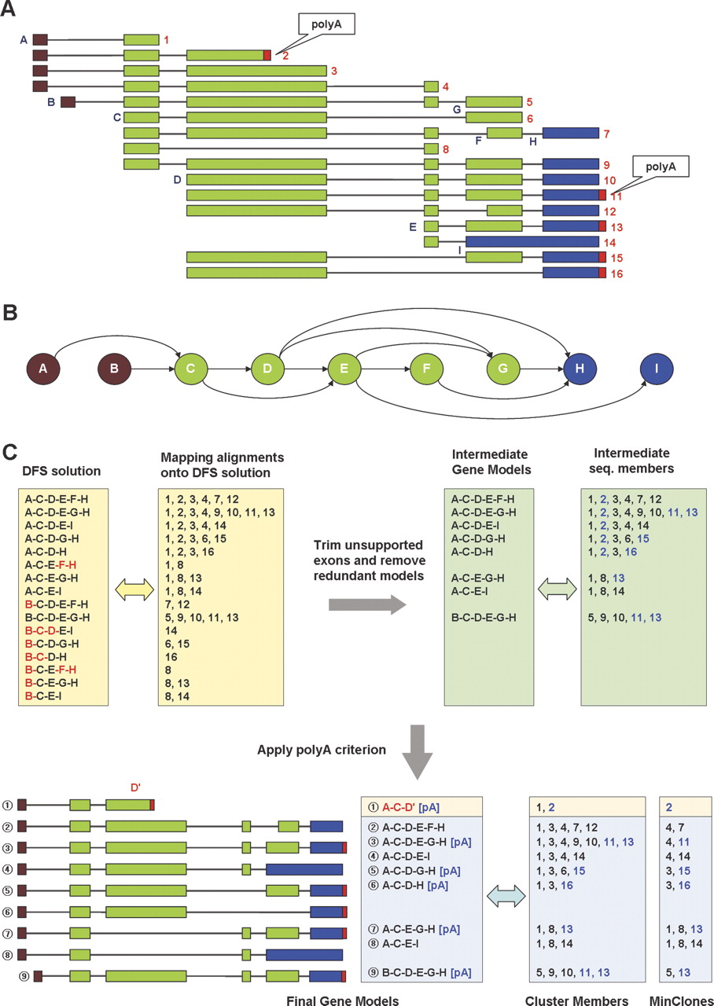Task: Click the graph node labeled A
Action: click(x=43, y=369)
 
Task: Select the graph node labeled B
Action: click(x=115, y=369)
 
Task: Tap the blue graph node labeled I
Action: click(x=657, y=369)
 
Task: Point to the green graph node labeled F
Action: click(x=426, y=369)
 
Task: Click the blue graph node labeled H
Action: click(x=580, y=369)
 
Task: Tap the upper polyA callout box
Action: click(x=326, y=24)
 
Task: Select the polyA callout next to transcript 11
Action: click(x=661, y=167)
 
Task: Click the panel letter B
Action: click(x=10, y=313)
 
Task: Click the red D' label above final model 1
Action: click(x=136, y=788)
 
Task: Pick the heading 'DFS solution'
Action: click(x=61, y=471)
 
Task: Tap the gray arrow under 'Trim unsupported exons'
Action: click(x=367, y=604)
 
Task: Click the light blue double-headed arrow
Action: click(x=506, y=897)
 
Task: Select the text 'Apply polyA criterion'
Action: click(x=322, y=750)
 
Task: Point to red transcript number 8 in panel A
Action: click(x=446, y=149)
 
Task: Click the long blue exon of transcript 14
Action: click(x=532, y=242)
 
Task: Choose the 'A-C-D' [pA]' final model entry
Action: click(x=410, y=807)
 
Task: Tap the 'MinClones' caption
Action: click(x=682, y=1000)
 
